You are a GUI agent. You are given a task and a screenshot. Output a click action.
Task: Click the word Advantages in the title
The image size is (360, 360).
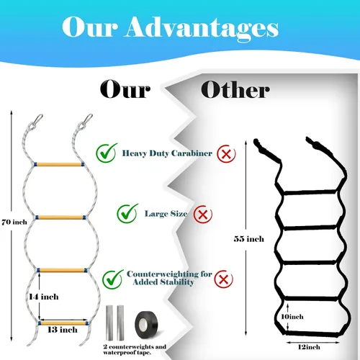(202, 29)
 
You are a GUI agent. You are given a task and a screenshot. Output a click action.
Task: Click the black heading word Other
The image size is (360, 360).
(235, 89)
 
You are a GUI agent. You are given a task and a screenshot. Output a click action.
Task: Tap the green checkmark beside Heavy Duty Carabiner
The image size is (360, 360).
(107, 153)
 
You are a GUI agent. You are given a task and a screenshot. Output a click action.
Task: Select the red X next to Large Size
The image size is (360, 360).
(203, 215)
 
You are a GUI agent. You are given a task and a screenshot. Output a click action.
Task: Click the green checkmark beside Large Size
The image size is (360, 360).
(127, 213)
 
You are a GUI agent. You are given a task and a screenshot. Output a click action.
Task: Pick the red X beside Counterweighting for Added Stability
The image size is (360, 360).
(223, 279)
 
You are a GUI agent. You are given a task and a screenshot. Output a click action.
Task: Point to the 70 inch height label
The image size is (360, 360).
(14, 222)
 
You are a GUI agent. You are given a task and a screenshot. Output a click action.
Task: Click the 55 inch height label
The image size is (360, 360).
(249, 239)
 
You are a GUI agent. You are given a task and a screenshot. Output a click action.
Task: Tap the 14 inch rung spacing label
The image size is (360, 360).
(44, 297)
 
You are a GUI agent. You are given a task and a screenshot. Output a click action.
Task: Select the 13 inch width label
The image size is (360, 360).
(63, 330)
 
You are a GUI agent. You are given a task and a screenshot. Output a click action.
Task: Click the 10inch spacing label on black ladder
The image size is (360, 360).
(292, 317)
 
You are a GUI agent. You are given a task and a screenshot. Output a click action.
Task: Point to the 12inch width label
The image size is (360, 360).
(309, 347)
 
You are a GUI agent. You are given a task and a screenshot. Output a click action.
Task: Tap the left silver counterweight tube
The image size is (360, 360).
(109, 323)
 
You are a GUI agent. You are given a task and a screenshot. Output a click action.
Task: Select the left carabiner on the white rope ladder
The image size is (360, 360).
(35, 122)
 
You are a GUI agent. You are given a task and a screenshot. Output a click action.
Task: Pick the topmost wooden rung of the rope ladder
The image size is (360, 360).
(59, 165)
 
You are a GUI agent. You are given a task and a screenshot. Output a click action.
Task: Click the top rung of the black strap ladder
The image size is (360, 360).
(310, 192)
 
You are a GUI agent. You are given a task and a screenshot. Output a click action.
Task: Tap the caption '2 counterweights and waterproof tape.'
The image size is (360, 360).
(135, 349)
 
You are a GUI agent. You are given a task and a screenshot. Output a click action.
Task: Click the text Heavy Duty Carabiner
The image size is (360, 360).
(167, 153)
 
